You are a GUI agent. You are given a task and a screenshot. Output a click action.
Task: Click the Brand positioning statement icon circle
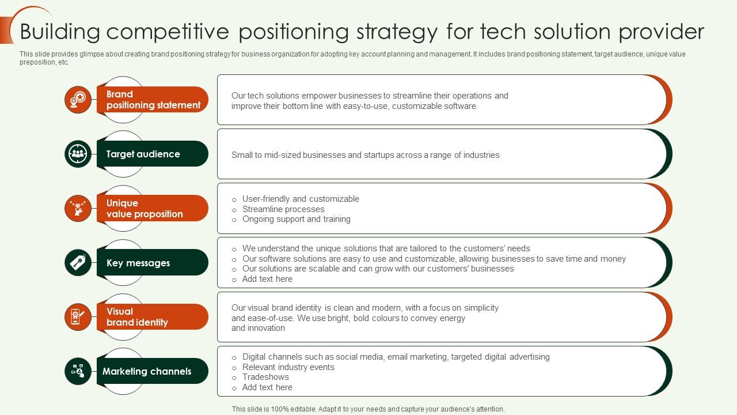(x=78, y=100)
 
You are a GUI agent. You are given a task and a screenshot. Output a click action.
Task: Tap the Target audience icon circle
(x=78, y=154)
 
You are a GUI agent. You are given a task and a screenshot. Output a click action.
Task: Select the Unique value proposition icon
(x=78, y=208)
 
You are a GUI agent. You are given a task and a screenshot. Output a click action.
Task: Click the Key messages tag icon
(x=78, y=263)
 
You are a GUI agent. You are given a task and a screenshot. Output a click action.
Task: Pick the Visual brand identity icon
(x=78, y=317)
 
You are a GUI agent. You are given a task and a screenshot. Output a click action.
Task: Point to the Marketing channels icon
(x=78, y=371)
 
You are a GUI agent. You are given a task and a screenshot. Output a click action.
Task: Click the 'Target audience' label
(x=143, y=154)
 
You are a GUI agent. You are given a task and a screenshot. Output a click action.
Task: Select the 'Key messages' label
(x=138, y=263)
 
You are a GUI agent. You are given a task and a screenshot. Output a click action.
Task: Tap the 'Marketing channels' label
(x=147, y=371)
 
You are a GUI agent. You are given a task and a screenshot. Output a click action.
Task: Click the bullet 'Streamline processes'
(x=283, y=209)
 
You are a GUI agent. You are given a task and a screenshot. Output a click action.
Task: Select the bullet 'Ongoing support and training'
(x=296, y=219)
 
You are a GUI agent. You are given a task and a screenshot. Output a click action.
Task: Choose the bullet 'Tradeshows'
(x=265, y=377)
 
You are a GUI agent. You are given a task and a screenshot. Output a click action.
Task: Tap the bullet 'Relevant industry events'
(x=288, y=367)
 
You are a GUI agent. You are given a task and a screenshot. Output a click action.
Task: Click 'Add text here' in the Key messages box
(x=267, y=279)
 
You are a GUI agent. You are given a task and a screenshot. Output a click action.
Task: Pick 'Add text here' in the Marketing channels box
(x=267, y=387)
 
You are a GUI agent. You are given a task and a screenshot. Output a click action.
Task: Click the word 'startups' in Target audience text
(x=380, y=155)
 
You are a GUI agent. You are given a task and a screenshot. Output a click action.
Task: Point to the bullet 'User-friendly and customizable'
(x=301, y=199)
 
